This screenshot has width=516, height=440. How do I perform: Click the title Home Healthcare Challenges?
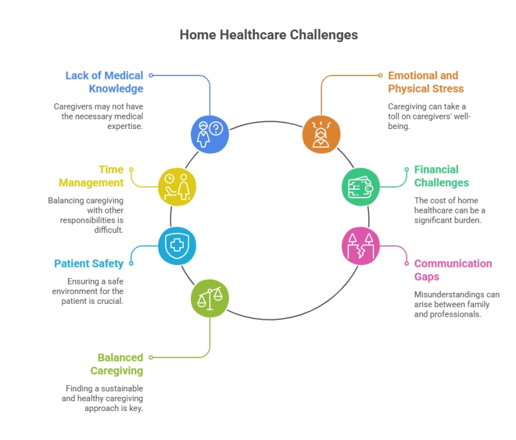(x=268, y=34)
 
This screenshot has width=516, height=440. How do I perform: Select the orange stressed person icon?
(x=321, y=135)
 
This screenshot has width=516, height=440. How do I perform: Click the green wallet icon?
(x=360, y=187)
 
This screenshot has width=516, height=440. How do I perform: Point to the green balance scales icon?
(x=210, y=298)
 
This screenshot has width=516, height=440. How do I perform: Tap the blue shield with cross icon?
(x=177, y=246)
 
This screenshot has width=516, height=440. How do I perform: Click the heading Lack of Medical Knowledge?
(x=104, y=82)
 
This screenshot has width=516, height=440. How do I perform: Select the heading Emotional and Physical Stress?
(x=426, y=82)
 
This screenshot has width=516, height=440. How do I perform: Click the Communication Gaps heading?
(x=453, y=270)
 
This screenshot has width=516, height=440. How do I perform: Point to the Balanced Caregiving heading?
(x=117, y=364)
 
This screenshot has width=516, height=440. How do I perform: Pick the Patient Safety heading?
(x=89, y=263)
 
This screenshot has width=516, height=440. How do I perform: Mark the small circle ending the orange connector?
(x=381, y=75)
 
